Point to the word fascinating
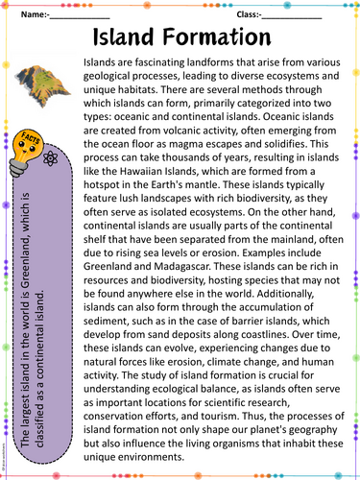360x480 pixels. pyautogui.click(x=146, y=71)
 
